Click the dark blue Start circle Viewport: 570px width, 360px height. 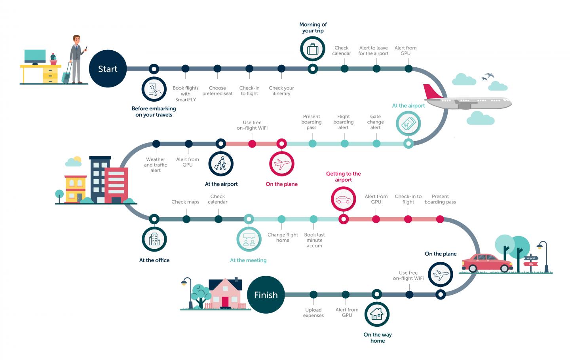pyautogui.click(x=108, y=69)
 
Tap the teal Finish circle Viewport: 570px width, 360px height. pyautogui.click(x=266, y=295)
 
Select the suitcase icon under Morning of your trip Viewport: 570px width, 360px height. pyautogui.click(x=312, y=49)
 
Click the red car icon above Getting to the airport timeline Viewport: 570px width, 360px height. pyautogui.click(x=343, y=199)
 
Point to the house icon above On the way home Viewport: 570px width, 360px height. pyautogui.click(x=377, y=314)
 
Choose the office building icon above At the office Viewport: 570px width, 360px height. pyautogui.click(x=154, y=239)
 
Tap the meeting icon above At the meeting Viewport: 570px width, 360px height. pyautogui.click(x=249, y=239)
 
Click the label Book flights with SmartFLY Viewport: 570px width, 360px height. pyautogui.click(x=186, y=94)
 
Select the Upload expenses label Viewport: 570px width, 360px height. pyautogui.click(x=313, y=313)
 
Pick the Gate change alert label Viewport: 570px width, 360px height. pyautogui.click(x=375, y=122)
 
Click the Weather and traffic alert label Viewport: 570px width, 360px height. pyautogui.click(x=156, y=165)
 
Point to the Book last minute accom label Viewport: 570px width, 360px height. pyautogui.click(x=315, y=240)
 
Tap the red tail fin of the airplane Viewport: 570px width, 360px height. pyautogui.click(x=432, y=91)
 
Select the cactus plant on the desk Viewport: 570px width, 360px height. pyautogui.click(x=53, y=59)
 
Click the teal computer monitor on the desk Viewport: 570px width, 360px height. pyautogui.click(x=35, y=57)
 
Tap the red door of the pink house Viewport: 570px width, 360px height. pyautogui.click(x=225, y=302)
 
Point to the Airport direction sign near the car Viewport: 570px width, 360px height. pyautogui.click(x=531, y=258)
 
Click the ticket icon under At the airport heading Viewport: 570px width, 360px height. pyautogui.click(x=408, y=123)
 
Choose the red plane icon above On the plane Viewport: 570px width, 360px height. pyautogui.click(x=282, y=164)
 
